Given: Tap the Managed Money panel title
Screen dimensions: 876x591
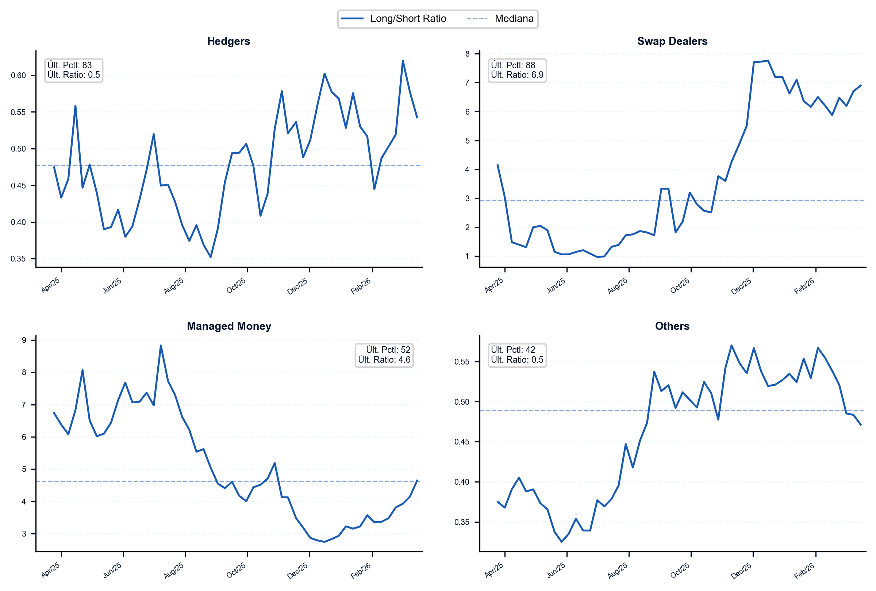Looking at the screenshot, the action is pyautogui.click(x=229, y=326).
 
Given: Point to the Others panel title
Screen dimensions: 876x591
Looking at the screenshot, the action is pyautogui.click(x=672, y=326).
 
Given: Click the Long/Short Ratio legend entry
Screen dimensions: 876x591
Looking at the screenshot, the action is pyautogui.click(x=393, y=19).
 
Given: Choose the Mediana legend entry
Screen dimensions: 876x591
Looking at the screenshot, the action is pyautogui.click(x=500, y=19).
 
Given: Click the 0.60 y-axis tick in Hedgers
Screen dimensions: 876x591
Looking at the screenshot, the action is pyautogui.click(x=19, y=75).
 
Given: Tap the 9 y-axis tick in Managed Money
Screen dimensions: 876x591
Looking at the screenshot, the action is pyautogui.click(x=24, y=340).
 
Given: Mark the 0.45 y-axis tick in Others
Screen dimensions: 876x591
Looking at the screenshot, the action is pyautogui.click(x=462, y=442).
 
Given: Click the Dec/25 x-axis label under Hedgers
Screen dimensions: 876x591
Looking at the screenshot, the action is pyautogui.click(x=297, y=286).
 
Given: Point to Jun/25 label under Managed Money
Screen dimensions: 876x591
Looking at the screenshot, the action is pyautogui.click(x=112, y=570).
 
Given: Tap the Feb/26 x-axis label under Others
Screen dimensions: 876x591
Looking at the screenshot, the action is pyautogui.click(x=804, y=571).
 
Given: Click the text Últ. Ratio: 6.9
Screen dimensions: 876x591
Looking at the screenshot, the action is pyautogui.click(x=517, y=75).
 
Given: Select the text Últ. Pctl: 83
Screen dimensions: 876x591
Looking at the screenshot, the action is pyautogui.click(x=70, y=65).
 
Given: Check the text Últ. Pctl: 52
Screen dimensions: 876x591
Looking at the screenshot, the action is pyautogui.click(x=388, y=350).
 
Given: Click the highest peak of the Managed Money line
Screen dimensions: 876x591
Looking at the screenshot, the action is pyautogui.click(x=161, y=345).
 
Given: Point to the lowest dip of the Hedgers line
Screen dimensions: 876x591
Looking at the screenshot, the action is pyautogui.click(x=211, y=257).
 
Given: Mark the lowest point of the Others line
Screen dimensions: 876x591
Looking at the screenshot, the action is pyautogui.click(x=561, y=542).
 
